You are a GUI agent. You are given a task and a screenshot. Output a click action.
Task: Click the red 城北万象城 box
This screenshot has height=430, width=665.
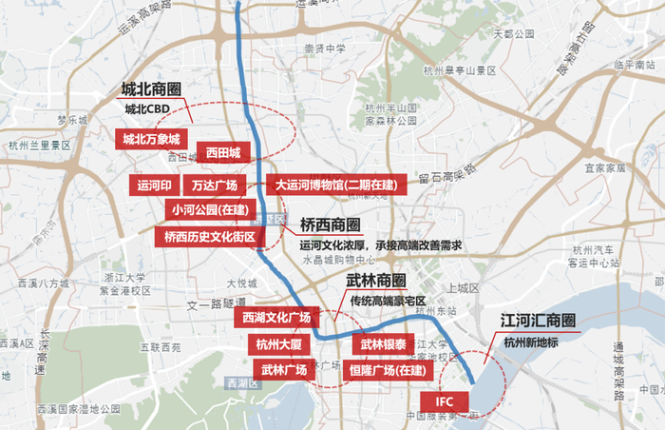pyautogui.click(x=150, y=139)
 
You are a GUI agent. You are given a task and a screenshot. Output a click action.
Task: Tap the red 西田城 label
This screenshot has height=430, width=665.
pyautogui.click(x=223, y=151)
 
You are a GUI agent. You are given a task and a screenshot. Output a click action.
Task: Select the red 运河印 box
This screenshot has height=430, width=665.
pyautogui.click(x=154, y=185)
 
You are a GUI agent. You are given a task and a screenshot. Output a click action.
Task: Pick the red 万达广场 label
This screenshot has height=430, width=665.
pyautogui.click(x=214, y=185)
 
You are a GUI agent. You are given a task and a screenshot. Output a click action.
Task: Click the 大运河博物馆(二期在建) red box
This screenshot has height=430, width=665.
pyautogui.click(x=336, y=185)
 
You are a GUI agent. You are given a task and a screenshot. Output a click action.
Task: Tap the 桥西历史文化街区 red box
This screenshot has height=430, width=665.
pyautogui.click(x=210, y=236)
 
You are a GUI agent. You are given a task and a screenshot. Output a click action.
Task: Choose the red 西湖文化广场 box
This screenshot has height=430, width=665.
pyautogui.click(x=276, y=317)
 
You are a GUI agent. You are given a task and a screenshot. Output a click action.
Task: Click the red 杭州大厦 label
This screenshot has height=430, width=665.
pyautogui.click(x=278, y=343)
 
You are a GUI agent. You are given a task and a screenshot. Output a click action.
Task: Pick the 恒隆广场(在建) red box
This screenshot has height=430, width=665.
pyautogui.click(x=385, y=370)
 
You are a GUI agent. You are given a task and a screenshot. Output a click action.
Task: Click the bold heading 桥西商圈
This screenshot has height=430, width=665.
pyautogui.click(x=331, y=225)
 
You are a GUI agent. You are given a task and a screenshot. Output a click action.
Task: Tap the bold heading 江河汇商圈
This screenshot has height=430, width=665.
pyautogui.click(x=539, y=321)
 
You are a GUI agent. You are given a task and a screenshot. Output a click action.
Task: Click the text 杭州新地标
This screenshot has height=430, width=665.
pyautogui.click(x=533, y=342)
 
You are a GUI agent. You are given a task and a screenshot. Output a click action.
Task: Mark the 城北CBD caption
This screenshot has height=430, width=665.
pyautogui.click(x=147, y=109)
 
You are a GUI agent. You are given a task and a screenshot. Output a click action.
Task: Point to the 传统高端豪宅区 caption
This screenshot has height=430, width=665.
pyautogui.click(x=388, y=301)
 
